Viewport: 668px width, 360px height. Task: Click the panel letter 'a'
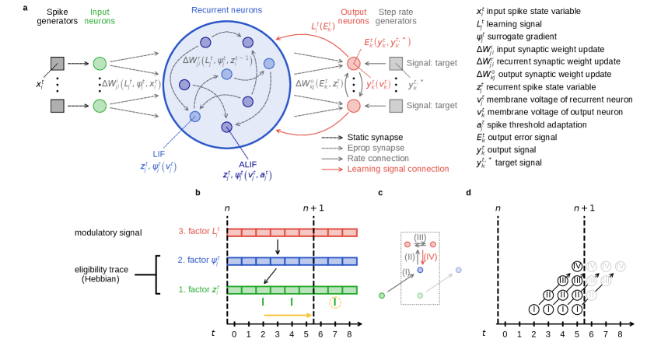[x=26, y=8]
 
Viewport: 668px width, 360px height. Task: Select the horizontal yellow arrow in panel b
[x=288, y=316]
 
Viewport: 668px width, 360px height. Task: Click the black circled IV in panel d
[x=576, y=267]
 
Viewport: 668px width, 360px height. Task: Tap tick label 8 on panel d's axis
[x=620, y=334]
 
